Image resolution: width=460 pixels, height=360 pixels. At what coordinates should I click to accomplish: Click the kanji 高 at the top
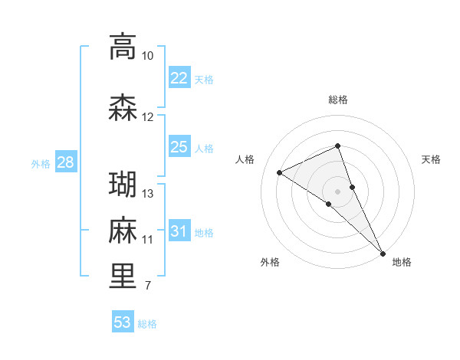click(123, 47)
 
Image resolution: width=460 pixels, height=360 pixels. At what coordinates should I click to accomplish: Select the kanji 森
click(123, 108)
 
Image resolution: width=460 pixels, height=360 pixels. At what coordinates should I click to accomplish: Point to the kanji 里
click(123, 277)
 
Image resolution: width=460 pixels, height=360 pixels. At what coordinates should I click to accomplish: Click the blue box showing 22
click(179, 78)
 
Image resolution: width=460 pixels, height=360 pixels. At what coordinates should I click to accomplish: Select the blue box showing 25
click(179, 147)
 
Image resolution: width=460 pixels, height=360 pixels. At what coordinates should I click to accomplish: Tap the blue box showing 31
click(179, 231)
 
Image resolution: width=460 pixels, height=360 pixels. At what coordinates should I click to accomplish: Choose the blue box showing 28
click(64, 162)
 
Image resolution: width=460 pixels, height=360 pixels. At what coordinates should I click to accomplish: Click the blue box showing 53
click(122, 322)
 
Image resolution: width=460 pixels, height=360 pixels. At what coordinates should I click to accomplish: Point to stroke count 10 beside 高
click(147, 56)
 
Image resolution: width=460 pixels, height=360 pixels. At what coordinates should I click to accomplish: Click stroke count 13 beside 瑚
click(148, 194)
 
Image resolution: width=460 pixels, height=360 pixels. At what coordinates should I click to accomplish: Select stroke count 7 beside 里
click(147, 286)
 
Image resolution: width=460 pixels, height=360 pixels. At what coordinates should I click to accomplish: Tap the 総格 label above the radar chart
click(338, 100)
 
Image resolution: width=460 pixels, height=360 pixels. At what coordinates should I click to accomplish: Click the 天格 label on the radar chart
click(432, 159)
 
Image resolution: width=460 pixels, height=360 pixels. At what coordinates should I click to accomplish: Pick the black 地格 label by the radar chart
click(402, 263)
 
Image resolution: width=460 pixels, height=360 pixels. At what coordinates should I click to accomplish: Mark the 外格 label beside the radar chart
click(270, 263)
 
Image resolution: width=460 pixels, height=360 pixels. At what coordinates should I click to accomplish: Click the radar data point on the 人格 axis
click(280, 172)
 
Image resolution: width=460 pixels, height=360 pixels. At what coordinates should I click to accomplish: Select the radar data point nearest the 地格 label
click(383, 253)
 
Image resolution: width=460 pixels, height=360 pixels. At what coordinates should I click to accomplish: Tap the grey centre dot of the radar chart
click(338, 191)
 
